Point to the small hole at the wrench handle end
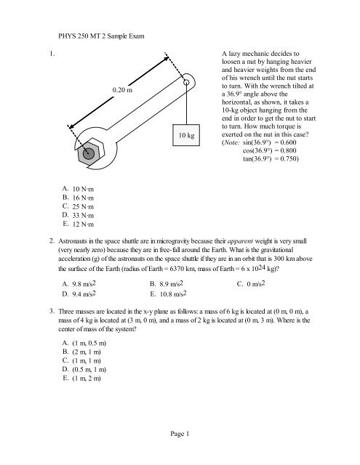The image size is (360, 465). pyautogui.click(x=186, y=83)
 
